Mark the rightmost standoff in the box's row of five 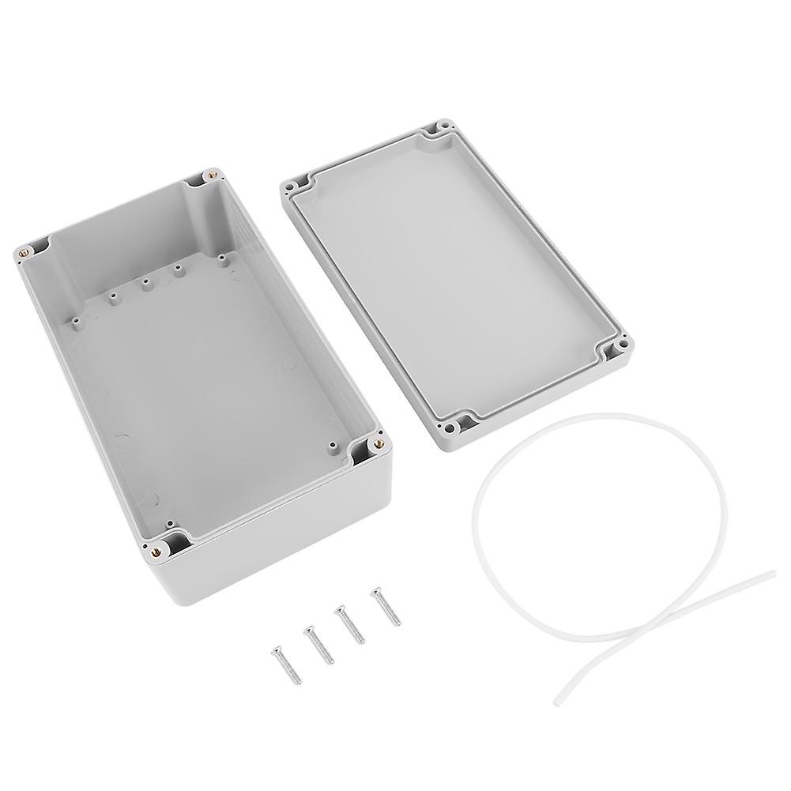(223, 257)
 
